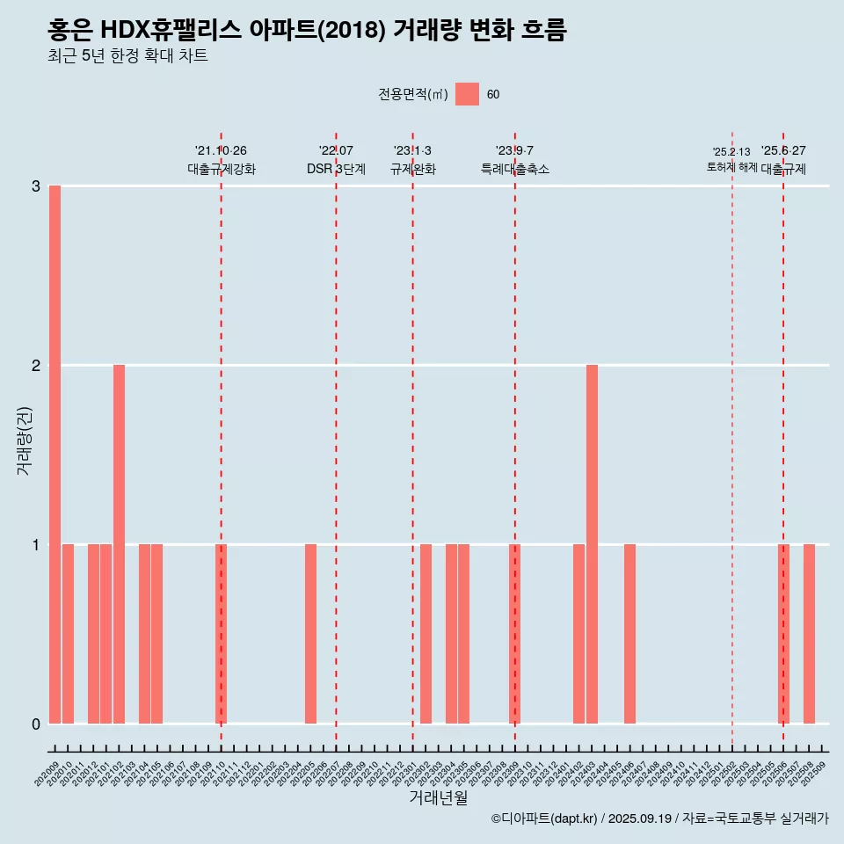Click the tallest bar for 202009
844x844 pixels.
pos(55,455)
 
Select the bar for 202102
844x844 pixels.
pos(119,544)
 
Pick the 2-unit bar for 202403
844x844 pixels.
pos(592,544)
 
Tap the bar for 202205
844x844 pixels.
pos(310,634)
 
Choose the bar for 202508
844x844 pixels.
pos(809,634)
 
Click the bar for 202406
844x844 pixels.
pos(629,634)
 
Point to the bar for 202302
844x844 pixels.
pos(426,634)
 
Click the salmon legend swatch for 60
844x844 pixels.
pos(467,94)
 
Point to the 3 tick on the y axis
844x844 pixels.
pos(36,186)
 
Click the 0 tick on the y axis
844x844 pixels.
pos(36,724)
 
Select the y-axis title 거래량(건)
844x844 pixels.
pos(24,440)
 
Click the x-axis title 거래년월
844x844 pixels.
pos(438,797)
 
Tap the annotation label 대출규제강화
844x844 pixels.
pos(222,169)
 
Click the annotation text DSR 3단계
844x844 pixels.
pos(336,169)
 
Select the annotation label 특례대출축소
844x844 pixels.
pos(515,169)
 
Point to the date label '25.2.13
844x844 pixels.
pos(731,152)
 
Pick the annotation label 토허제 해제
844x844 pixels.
pos(731,166)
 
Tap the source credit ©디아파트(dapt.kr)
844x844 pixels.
pos(545,819)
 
